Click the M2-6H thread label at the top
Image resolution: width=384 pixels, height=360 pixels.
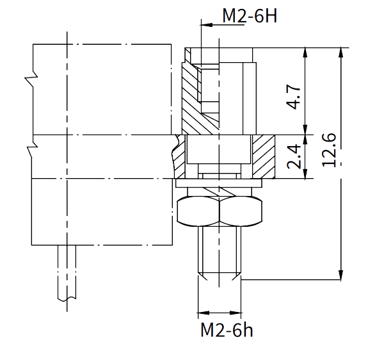[249, 15]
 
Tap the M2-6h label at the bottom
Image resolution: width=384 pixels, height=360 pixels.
[227, 331]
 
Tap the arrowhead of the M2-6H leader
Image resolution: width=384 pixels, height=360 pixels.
[204, 25]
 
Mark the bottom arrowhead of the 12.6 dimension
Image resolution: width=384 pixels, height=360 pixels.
[340, 277]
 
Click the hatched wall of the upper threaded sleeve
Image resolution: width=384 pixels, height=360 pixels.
[190, 90]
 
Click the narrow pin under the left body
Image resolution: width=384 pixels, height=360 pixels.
[68, 272]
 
